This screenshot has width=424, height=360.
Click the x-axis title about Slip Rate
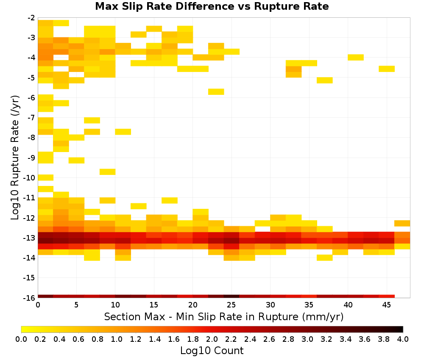coord(223,316)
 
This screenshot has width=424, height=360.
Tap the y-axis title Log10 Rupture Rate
coord(15,158)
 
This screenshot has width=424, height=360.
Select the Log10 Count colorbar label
coord(212,351)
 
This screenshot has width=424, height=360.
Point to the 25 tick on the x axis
coord(231,305)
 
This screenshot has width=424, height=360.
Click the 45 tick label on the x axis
coord(386,305)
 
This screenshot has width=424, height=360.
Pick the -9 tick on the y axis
coord(31,158)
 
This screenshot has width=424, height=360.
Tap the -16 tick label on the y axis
coord(29,298)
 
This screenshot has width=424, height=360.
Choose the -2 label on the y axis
coord(31,18)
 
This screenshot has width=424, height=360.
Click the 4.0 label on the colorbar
coord(403,339)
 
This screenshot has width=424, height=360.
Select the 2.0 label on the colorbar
coord(212,339)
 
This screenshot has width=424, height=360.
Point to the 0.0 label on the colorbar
coord(21,339)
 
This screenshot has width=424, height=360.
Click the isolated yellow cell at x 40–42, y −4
coord(356,58)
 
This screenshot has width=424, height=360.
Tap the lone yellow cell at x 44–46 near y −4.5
coord(387,69)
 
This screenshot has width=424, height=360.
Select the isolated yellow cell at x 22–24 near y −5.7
coord(216,92)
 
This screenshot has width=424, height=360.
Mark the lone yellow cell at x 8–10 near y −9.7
coord(108,172)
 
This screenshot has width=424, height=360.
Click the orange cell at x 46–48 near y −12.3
coord(402,223)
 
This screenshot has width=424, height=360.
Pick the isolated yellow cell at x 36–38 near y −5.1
coord(325,80)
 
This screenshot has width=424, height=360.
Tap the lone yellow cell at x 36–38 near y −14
coord(325,258)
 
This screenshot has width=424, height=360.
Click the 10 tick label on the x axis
coord(115,305)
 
